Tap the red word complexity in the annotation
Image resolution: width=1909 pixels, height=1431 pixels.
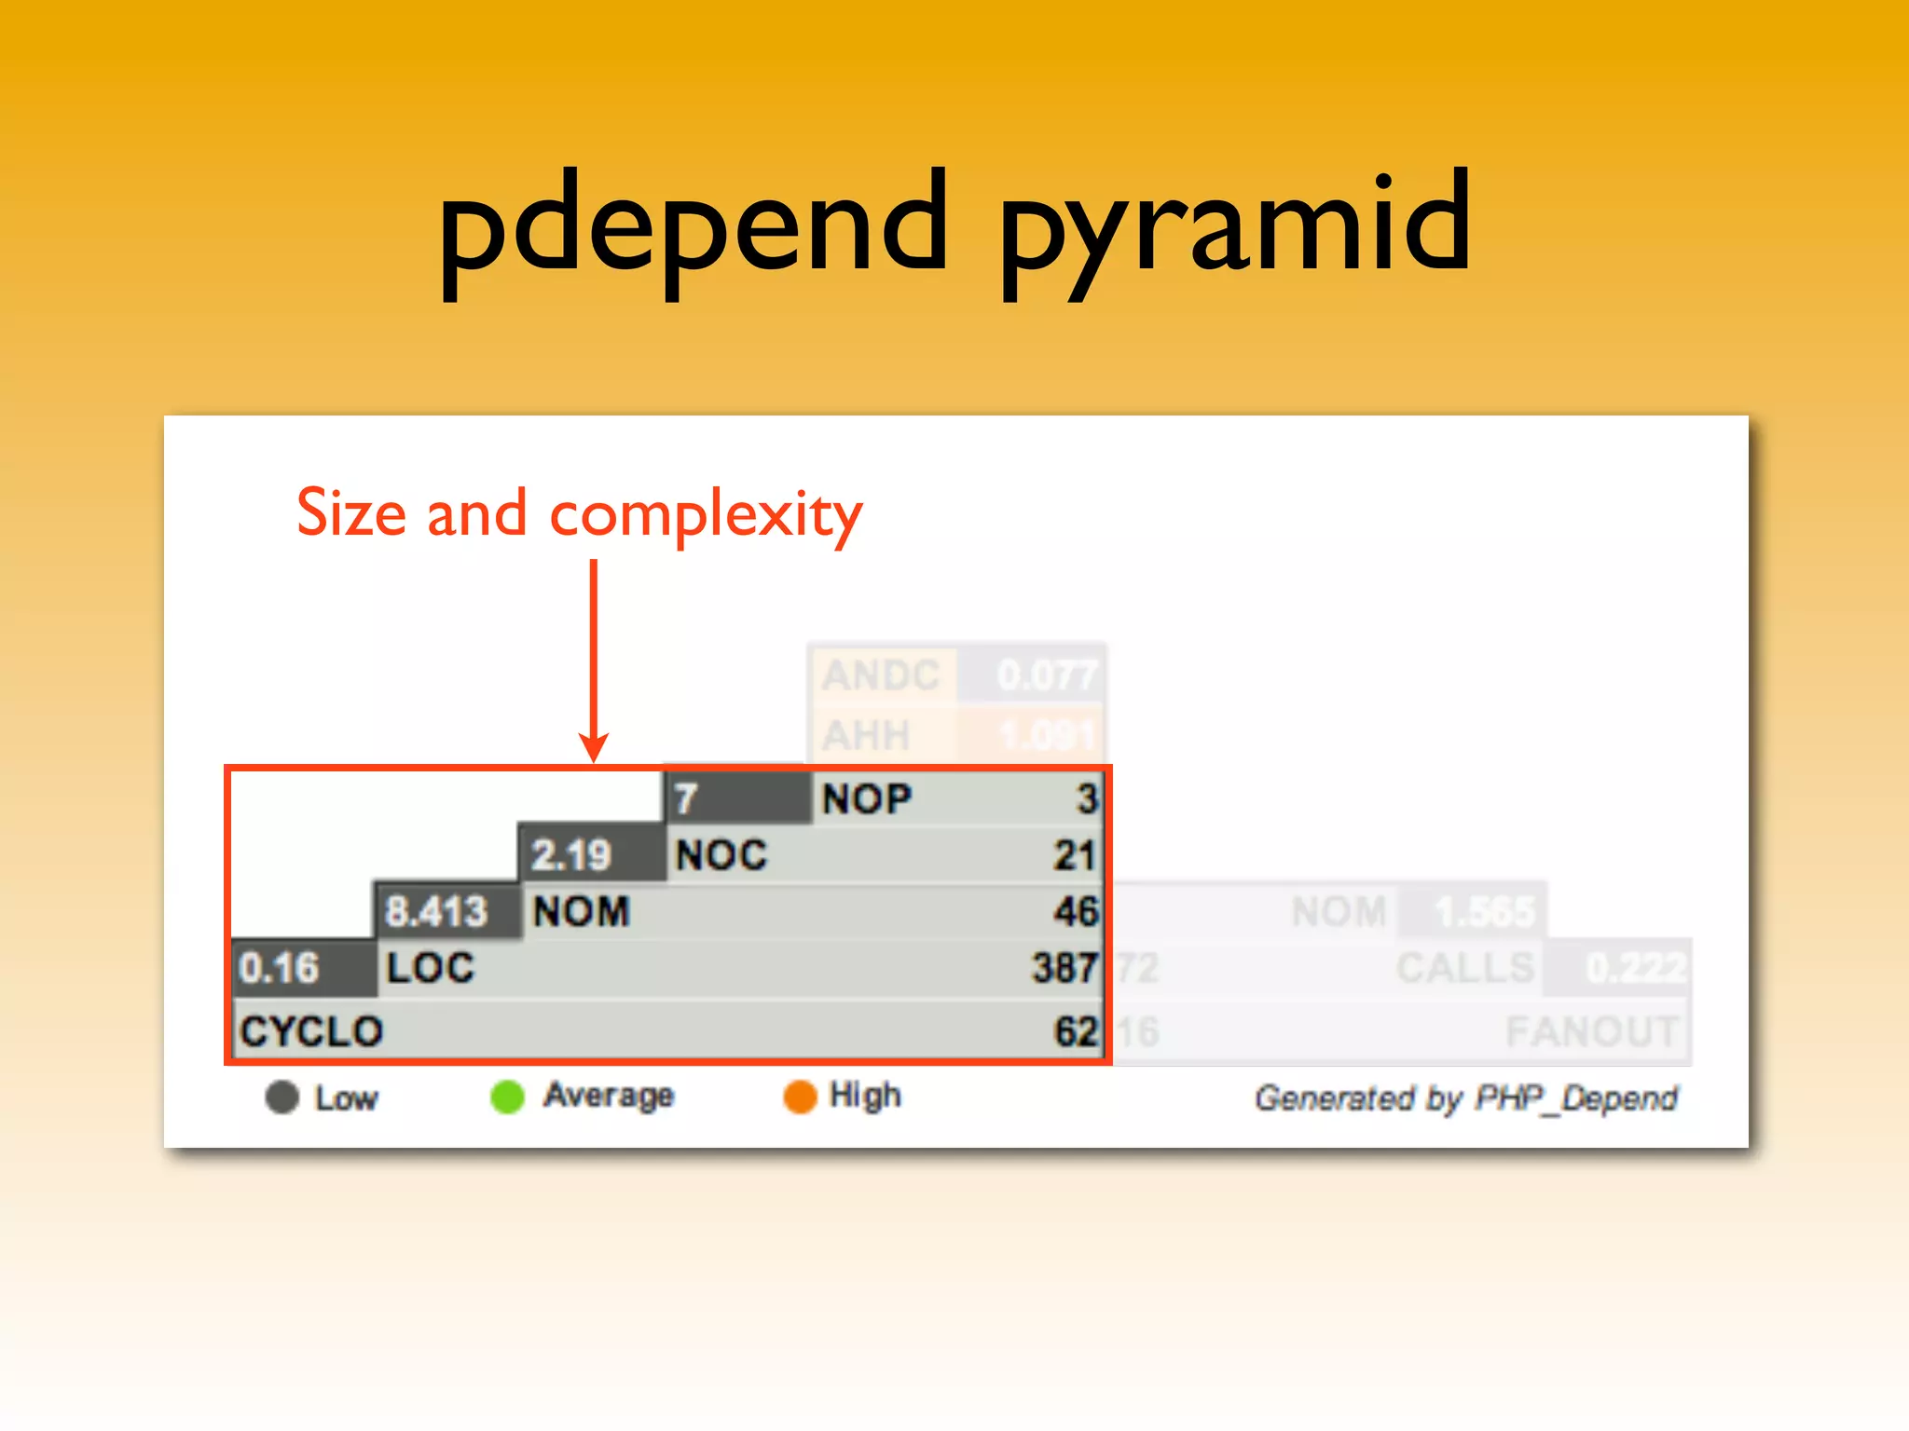point(706,513)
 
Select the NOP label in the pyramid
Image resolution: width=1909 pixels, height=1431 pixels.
point(867,799)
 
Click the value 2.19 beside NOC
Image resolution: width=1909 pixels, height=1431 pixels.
point(570,855)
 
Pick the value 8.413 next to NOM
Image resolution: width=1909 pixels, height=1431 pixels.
point(435,911)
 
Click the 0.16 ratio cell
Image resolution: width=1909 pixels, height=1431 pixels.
point(279,968)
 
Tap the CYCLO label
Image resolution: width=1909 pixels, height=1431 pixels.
point(311,1032)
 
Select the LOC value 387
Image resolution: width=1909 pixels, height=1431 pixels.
point(1064,968)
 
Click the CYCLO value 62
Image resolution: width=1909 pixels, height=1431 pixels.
point(1076,1032)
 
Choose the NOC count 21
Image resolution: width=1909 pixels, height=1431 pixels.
point(1074,855)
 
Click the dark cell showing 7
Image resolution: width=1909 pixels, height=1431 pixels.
point(687,799)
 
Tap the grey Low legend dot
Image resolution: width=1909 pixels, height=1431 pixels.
point(282,1097)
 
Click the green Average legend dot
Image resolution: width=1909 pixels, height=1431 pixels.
point(508,1097)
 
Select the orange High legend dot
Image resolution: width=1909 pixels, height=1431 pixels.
point(800,1097)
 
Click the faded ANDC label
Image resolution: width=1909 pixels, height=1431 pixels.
point(880,675)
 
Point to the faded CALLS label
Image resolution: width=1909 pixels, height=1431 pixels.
point(1464,969)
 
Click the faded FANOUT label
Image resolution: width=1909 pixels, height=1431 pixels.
point(1591,1032)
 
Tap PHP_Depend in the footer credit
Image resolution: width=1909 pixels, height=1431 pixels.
point(1575,1098)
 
